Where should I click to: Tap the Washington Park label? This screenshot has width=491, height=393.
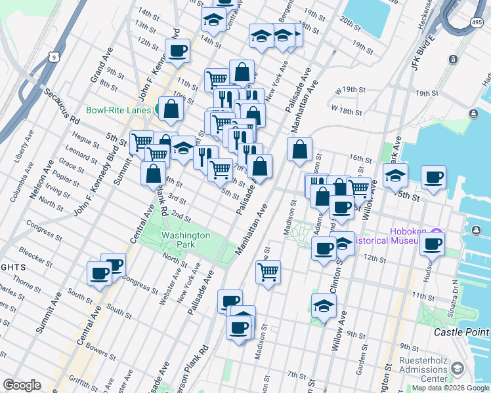point(186,240)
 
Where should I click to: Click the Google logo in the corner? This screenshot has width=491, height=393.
point(22,384)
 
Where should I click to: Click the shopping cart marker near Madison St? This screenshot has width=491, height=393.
point(268,271)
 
